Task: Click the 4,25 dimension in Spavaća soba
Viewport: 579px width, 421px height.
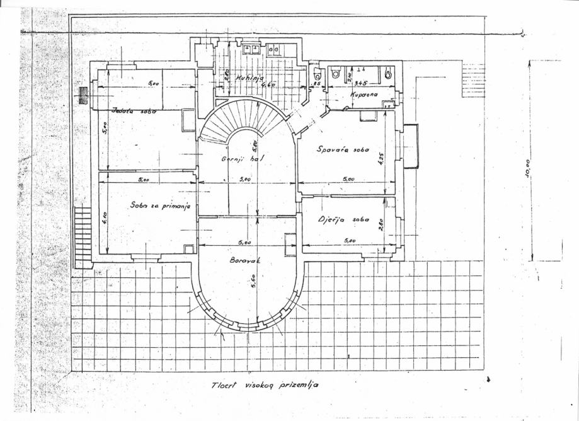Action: point(381,157)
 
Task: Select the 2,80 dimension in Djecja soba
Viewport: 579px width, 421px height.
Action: point(381,224)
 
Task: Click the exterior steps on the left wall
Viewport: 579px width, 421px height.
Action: point(83,237)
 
